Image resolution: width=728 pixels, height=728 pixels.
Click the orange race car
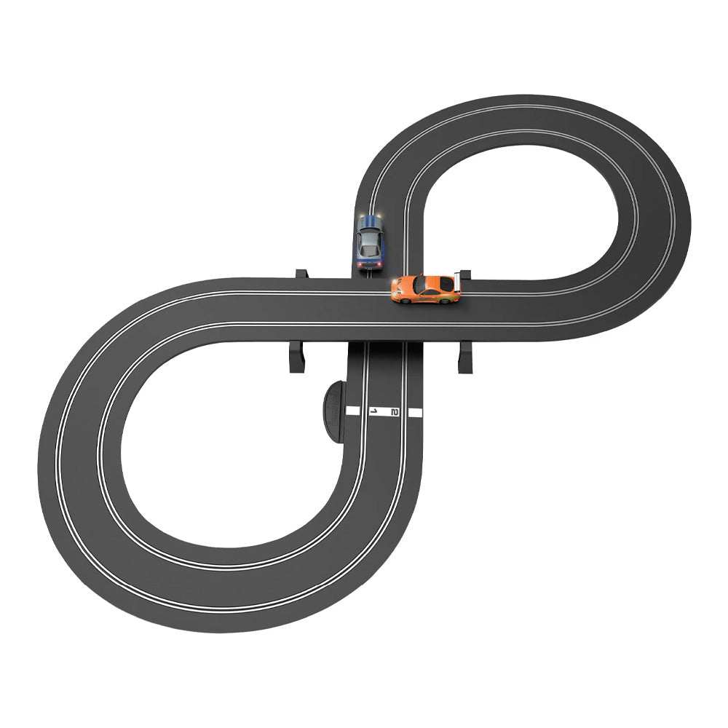tap(426, 289)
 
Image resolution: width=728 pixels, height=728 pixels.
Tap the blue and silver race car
tap(370, 242)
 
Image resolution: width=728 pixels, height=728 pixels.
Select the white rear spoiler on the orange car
tap(457, 282)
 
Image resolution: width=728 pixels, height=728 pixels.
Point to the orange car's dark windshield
tap(419, 284)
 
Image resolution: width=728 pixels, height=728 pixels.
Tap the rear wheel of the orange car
tap(445, 301)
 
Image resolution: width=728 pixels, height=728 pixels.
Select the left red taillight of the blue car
tap(360, 264)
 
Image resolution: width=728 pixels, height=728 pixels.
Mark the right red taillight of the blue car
tap(380, 264)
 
